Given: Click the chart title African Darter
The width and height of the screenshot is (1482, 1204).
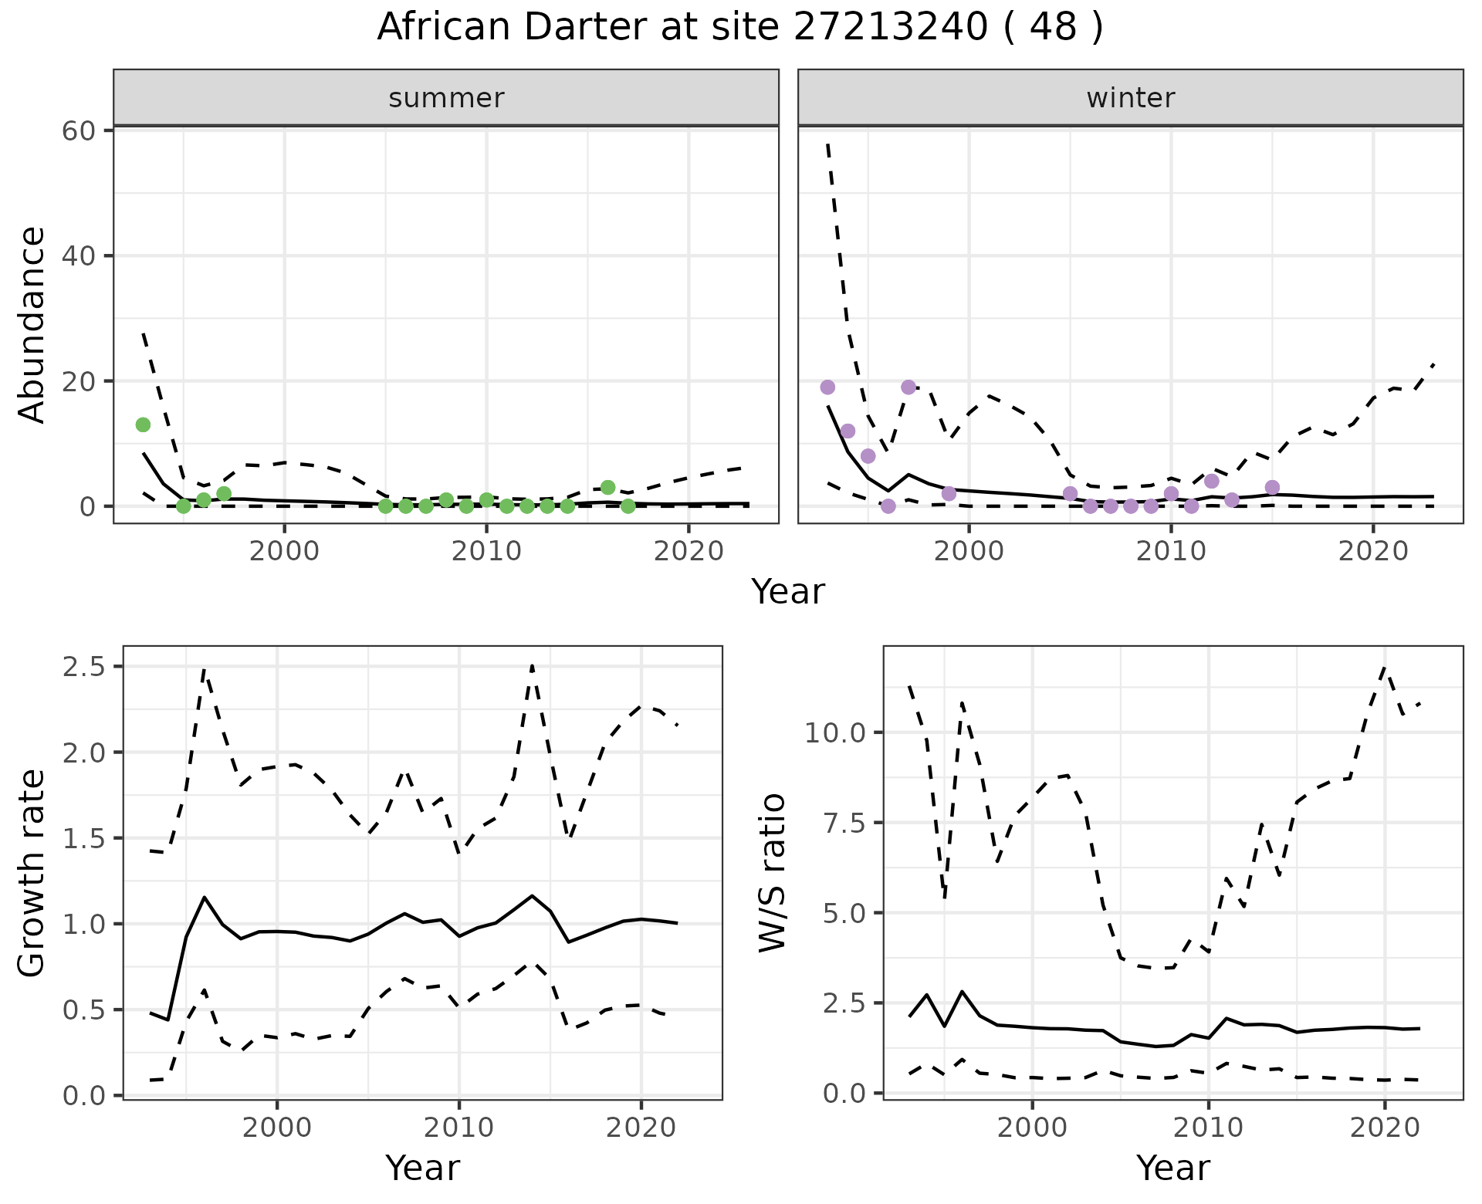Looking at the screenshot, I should (x=739, y=28).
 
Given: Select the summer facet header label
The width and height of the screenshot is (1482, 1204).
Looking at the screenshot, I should (x=446, y=98).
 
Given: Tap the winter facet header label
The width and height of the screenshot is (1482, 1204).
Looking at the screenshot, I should (x=1130, y=98).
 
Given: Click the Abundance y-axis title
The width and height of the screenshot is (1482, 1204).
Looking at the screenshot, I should (x=32, y=324).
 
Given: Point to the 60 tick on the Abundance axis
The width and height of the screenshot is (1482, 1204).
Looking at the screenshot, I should (x=78, y=130).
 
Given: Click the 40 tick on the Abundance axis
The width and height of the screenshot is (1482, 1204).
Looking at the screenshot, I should (x=78, y=255).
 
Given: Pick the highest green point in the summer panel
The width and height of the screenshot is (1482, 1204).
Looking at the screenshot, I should (x=143, y=424).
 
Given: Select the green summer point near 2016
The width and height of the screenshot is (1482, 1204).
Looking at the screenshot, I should (x=607, y=487).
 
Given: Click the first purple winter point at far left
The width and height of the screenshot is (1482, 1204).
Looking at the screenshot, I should (x=827, y=387).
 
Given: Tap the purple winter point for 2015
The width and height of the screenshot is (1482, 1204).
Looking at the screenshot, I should (x=1272, y=487).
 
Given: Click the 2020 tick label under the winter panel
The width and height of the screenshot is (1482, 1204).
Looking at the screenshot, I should (x=1373, y=551).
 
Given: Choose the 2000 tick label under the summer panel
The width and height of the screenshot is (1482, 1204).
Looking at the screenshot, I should (x=285, y=551).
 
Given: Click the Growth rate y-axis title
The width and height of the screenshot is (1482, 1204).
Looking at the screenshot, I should (x=32, y=873).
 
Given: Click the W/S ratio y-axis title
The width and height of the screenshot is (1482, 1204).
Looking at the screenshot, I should (x=773, y=873).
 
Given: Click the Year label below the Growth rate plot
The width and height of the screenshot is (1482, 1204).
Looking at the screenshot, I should (x=422, y=1168).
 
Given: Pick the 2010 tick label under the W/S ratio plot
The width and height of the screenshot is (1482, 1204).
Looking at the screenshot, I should (x=1208, y=1128).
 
